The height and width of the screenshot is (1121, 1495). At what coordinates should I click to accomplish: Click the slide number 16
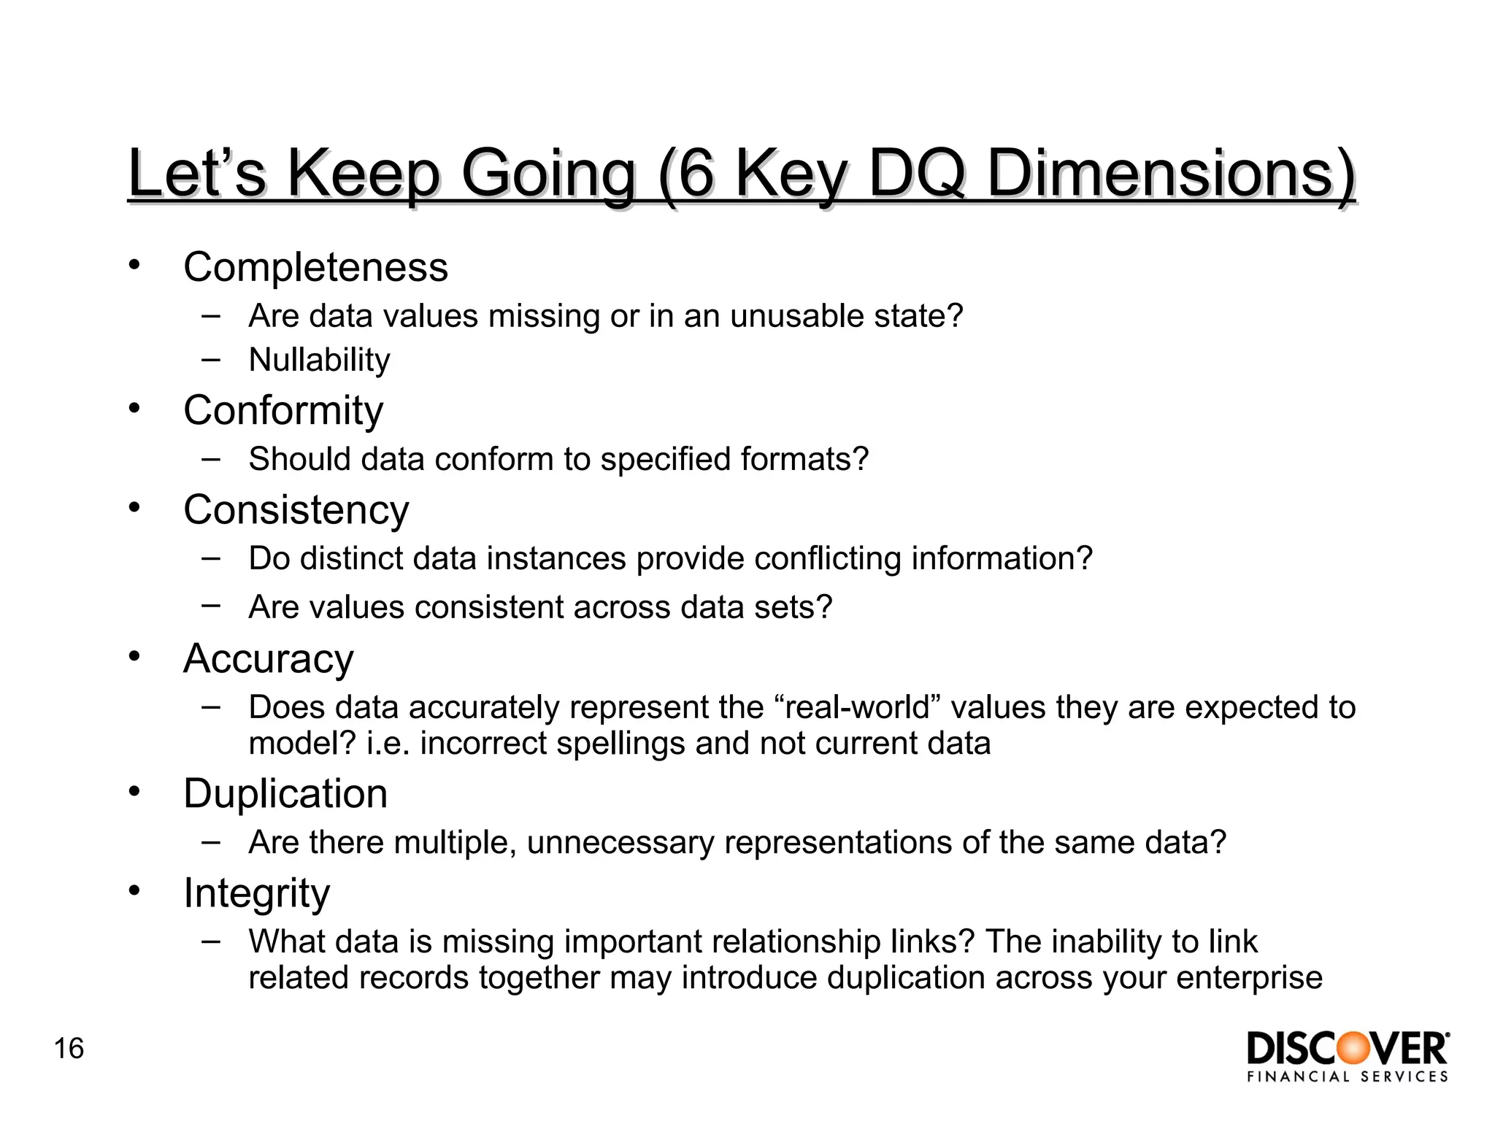coord(69,1049)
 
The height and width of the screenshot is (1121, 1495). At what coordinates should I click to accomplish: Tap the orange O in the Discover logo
coord(1350,1049)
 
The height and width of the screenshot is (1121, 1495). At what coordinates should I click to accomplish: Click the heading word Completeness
coord(315,267)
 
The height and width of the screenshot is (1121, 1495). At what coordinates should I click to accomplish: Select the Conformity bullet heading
coord(283,410)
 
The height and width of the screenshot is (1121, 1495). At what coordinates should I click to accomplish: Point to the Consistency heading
coord(296,509)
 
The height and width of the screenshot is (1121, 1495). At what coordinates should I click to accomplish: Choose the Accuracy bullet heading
coord(268,658)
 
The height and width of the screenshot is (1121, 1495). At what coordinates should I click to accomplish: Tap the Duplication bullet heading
coord(285,793)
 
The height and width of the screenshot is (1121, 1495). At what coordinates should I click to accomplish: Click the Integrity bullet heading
coord(256,893)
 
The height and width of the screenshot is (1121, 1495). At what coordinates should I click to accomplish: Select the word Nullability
coord(319,360)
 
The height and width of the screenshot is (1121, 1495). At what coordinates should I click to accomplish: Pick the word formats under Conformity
coord(804,459)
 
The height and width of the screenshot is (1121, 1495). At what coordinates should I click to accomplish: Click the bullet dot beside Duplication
coord(134,790)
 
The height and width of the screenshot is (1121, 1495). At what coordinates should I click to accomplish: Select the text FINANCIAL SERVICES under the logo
coord(1348,1076)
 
